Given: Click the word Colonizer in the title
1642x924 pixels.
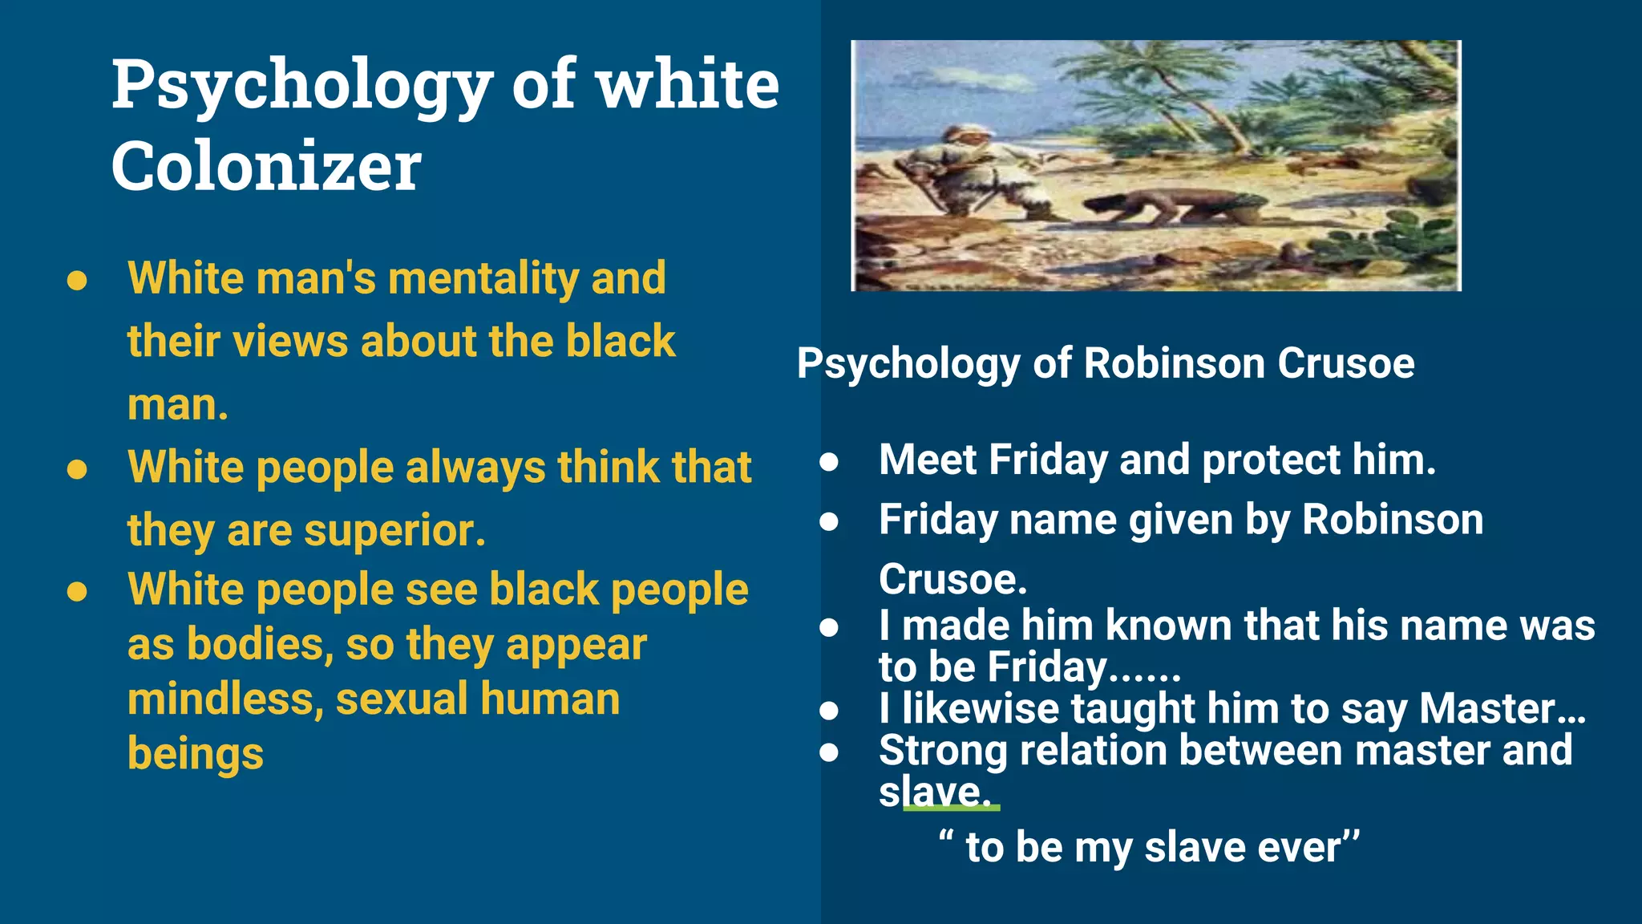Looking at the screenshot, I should (265, 166).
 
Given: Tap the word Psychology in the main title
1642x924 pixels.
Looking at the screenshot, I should (301, 86).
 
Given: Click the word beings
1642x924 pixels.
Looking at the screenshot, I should (196, 754).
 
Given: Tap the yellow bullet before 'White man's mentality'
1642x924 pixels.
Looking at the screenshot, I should (77, 281).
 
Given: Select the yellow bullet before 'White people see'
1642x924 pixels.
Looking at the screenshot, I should (77, 592).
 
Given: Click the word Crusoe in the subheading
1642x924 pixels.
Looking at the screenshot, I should (1345, 363).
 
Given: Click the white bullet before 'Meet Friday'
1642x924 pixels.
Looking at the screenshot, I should (829, 462).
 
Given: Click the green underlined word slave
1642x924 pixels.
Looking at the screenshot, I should (934, 792).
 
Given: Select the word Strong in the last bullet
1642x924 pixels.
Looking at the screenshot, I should (943, 751).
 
